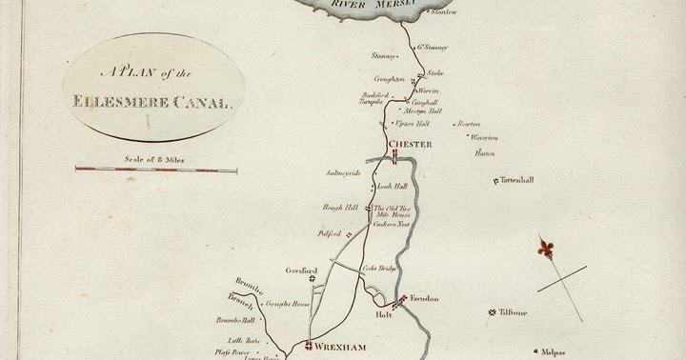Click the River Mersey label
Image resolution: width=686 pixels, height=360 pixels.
(374, 5)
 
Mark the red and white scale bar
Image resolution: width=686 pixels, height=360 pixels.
(156, 170)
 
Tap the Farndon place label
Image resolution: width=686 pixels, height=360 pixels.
(425, 299)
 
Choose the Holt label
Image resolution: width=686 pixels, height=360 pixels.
(384, 313)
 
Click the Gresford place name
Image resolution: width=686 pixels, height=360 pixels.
(301, 270)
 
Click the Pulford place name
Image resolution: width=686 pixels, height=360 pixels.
(329, 233)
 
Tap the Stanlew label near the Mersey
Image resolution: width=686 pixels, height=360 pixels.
(444, 12)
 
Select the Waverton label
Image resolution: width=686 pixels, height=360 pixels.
(484, 137)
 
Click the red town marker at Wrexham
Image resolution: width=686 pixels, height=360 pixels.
(309, 346)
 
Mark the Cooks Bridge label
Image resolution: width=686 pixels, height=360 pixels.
(378, 269)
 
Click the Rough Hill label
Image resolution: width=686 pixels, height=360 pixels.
(340, 207)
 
